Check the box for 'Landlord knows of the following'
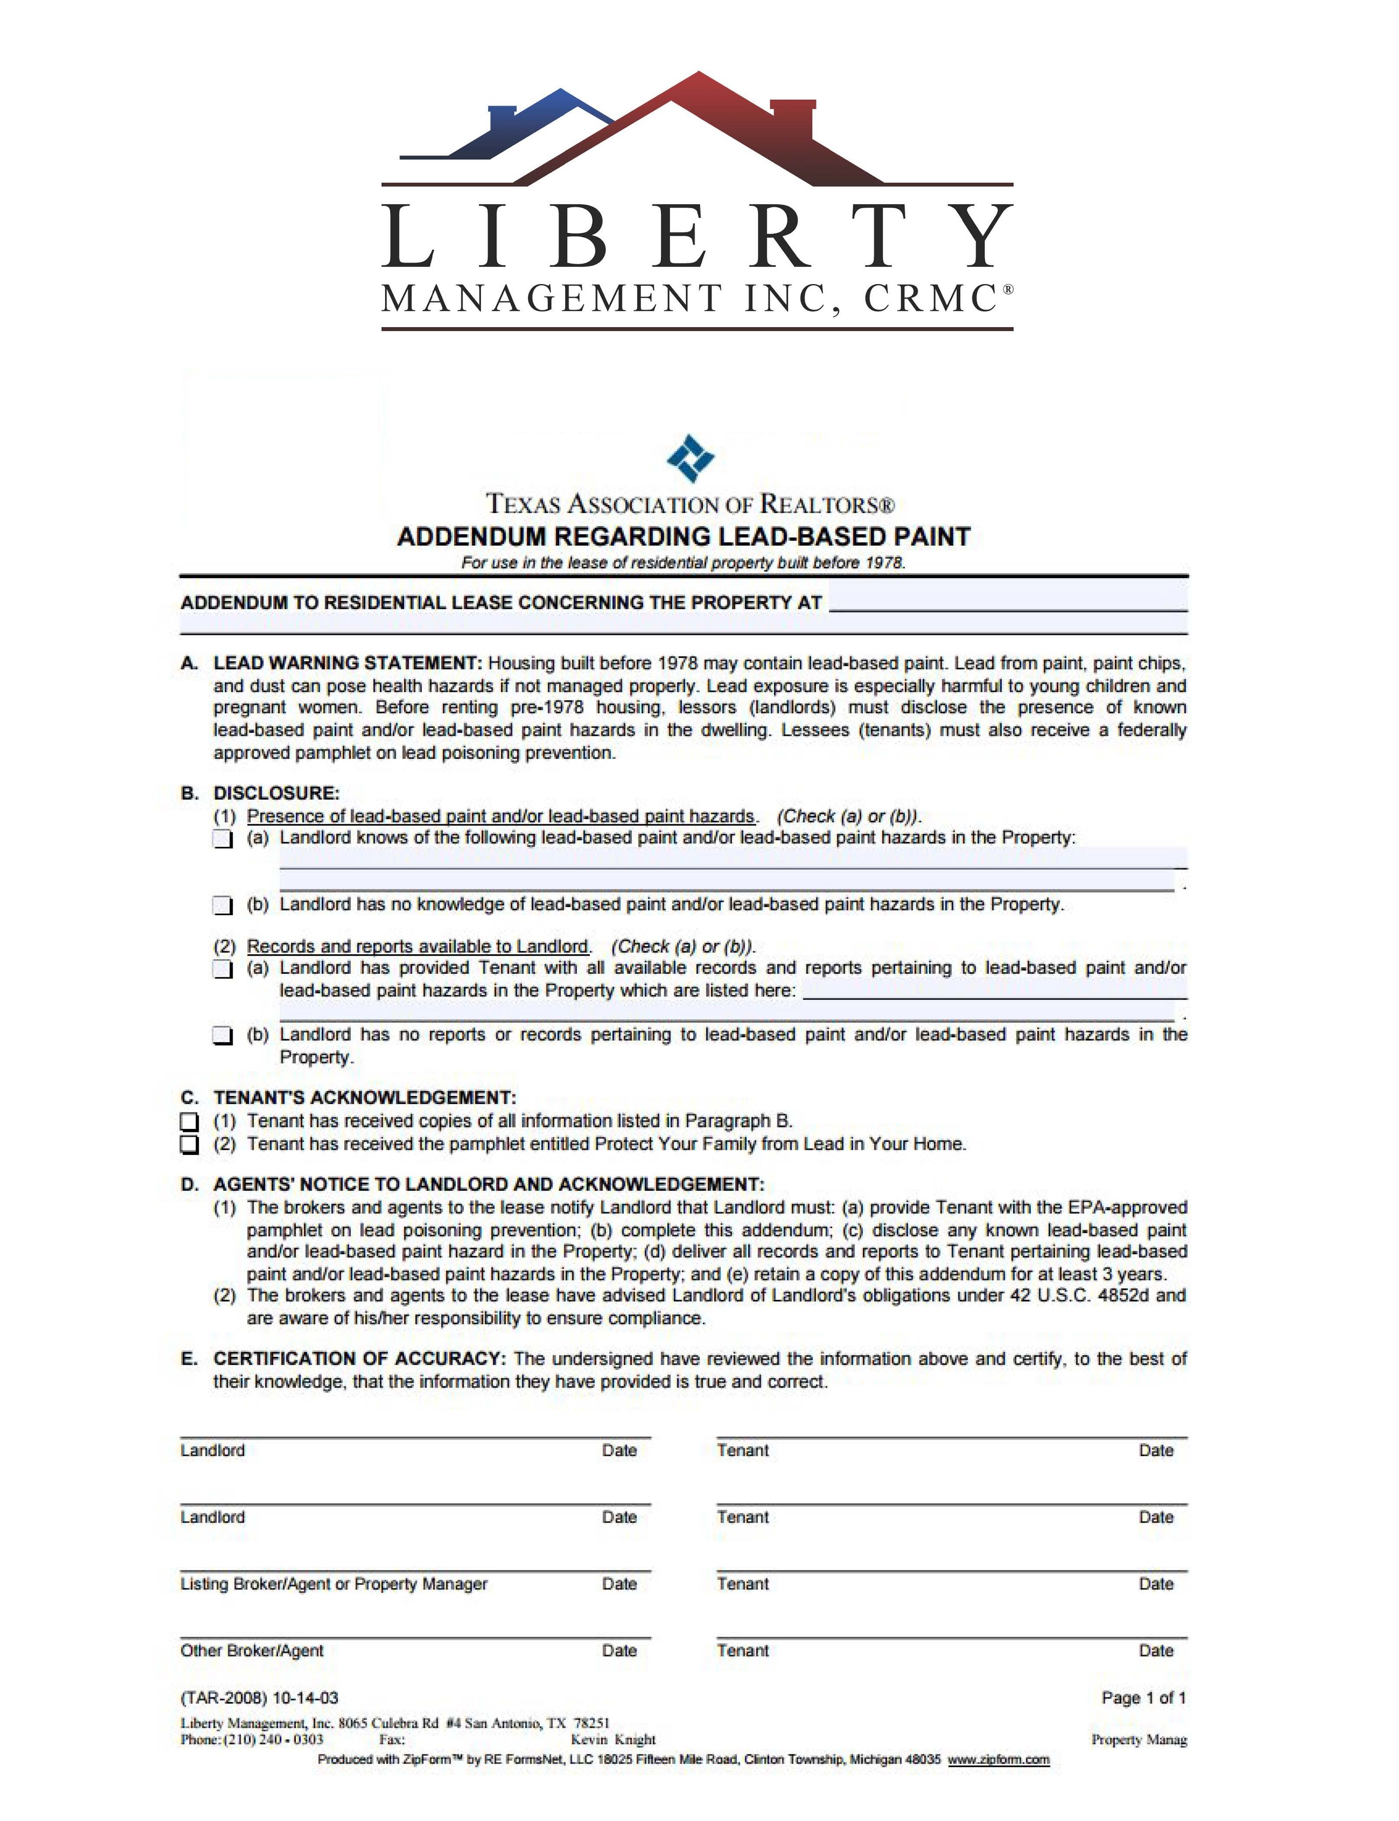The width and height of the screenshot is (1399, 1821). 222,839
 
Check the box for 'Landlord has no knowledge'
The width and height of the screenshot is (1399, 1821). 222,905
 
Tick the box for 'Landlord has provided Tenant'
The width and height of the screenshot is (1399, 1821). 222,969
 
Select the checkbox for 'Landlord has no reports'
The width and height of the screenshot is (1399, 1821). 222,1035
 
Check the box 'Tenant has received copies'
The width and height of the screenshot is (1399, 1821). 190,1121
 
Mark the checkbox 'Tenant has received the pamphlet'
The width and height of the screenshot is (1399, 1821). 190,1145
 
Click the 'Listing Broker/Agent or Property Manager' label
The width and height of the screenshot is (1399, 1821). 333,1584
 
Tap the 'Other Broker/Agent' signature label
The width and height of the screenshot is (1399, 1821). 252,1650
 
